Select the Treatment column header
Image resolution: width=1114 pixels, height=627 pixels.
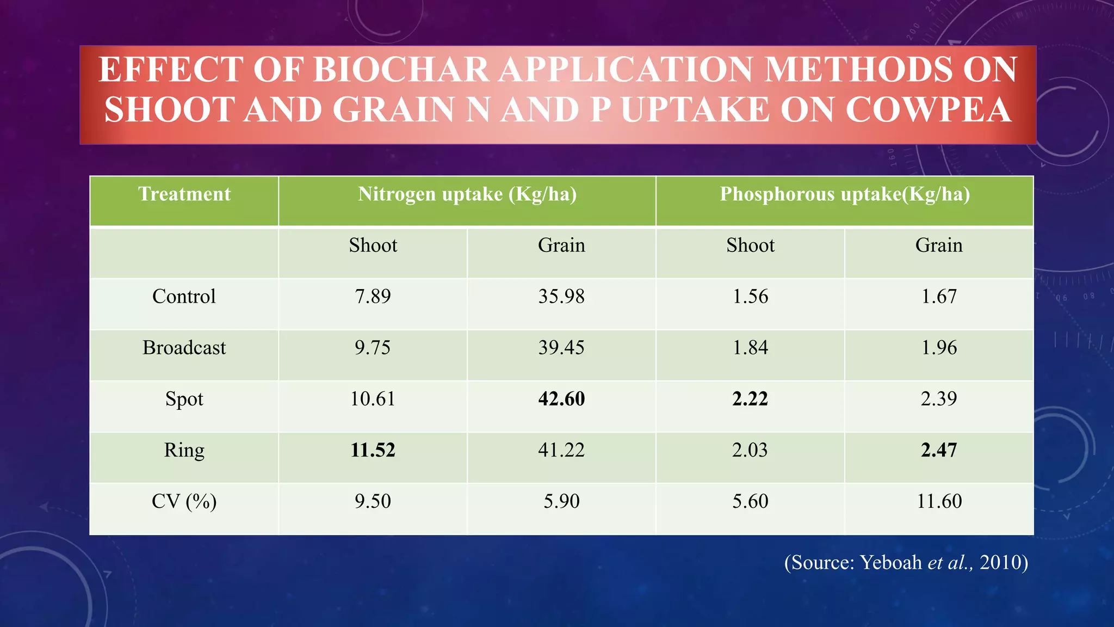pos(184,194)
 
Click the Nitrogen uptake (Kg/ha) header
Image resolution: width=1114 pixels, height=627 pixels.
pos(467,194)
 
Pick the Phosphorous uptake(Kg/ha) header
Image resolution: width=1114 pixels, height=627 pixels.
pos(845,194)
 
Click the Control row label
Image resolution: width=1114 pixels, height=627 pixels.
pos(184,297)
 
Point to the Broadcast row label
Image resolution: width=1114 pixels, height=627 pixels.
pos(184,348)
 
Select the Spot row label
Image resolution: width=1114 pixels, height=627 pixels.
pos(184,399)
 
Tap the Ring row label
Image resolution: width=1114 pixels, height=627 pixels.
pos(184,450)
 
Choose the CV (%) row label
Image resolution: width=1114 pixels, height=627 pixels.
pos(184,501)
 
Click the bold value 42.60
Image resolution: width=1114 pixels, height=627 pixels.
pos(561,399)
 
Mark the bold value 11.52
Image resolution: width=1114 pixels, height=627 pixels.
pos(373,450)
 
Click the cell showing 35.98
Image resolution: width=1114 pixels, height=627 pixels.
pos(561,297)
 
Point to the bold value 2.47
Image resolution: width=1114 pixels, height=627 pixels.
pos(939,450)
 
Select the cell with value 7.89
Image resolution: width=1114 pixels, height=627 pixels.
pos(373,297)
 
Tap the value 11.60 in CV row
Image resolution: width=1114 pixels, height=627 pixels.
pos(939,501)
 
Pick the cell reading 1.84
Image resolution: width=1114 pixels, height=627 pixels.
pos(750,348)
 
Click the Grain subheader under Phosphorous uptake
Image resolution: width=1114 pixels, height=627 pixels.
pos(939,245)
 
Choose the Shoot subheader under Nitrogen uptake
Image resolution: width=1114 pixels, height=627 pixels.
pos(373,245)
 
